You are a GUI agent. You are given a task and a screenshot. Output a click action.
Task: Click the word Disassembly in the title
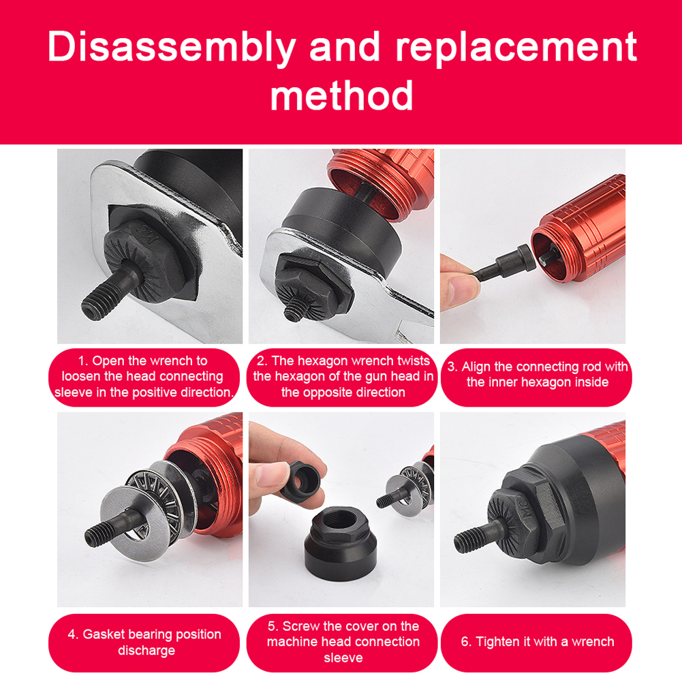click(172, 48)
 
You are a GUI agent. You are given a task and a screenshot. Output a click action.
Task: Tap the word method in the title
click(341, 95)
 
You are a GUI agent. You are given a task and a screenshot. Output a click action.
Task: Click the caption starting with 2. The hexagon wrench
click(343, 376)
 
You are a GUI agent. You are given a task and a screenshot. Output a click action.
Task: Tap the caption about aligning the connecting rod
click(537, 375)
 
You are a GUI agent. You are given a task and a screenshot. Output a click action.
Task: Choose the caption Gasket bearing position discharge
click(144, 642)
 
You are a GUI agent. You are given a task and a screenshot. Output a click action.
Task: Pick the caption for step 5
click(343, 641)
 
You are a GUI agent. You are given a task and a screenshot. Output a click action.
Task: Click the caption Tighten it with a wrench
click(537, 641)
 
